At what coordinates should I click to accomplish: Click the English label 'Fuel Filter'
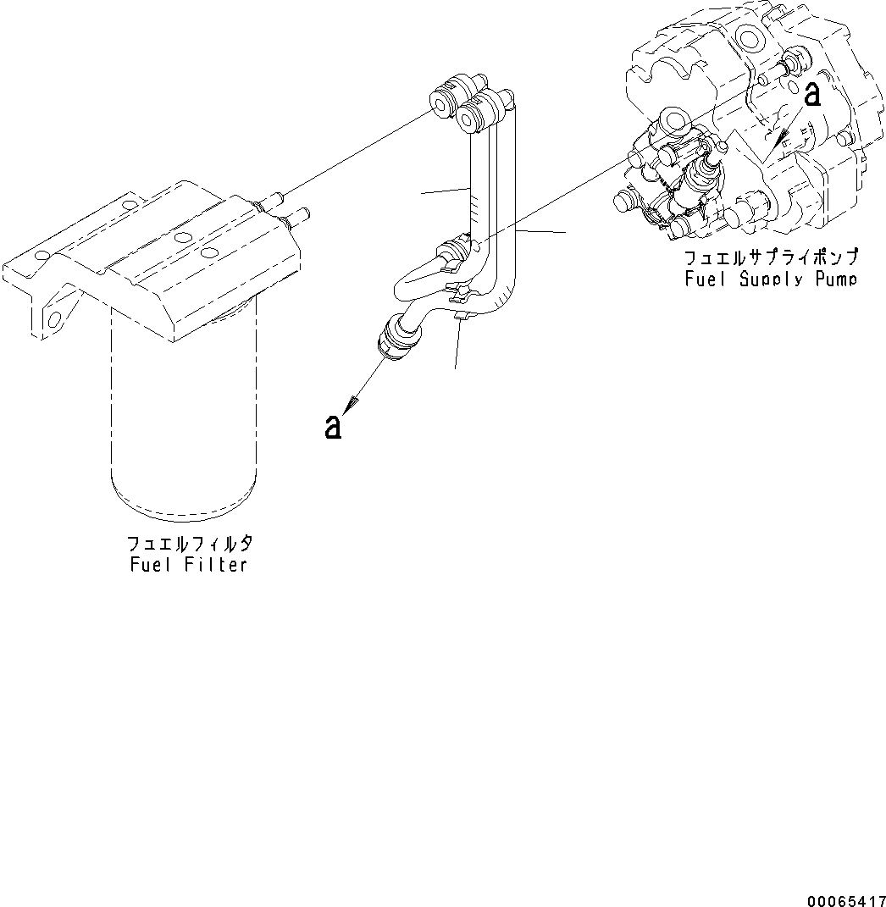coord(188,565)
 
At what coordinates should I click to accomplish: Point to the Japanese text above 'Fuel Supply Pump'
coord(771,257)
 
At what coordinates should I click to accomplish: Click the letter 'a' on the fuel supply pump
coord(811,94)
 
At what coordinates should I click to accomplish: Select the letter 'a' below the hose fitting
coord(333,426)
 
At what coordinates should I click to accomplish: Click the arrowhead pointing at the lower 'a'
coord(352,401)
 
